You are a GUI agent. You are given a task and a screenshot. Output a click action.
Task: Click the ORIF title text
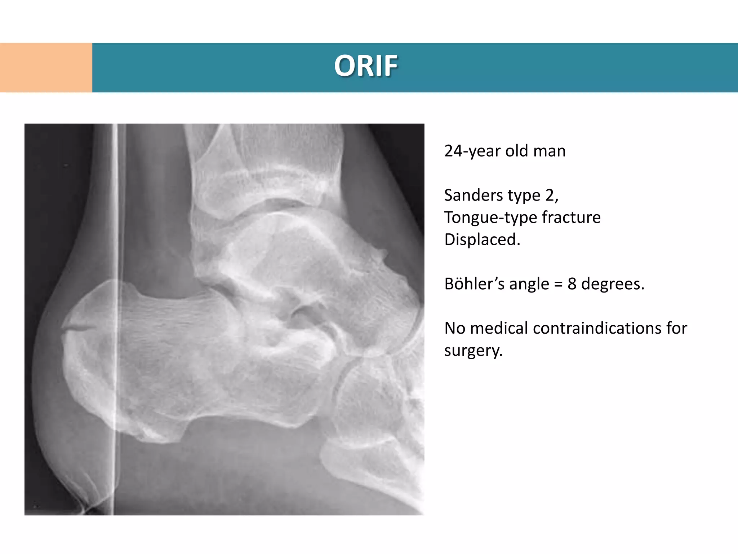coord(366,66)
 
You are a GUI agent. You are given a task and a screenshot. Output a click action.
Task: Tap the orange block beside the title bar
coord(46,68)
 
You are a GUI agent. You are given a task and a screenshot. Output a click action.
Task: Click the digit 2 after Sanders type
coord(550,195)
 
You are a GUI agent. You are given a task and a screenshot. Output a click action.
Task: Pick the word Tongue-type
coord(490,218)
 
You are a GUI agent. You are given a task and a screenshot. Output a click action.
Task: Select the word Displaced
coord(482,240)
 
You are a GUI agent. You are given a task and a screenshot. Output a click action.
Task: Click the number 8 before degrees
coord(572,284)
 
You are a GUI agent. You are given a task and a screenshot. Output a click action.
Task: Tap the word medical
coord(499,328)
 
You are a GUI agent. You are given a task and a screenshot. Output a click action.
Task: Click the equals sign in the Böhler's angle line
coord(558,284)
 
